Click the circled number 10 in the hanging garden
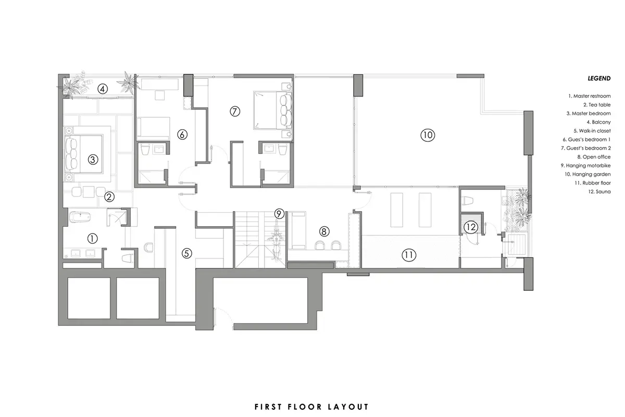427,135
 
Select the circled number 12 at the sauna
471,227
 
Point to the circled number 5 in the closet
187,253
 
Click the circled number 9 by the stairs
279,213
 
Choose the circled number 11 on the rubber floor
409,255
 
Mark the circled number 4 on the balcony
103,89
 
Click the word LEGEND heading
599,79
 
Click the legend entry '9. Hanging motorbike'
586,165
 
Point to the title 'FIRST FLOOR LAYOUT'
311,407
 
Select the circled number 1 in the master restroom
92,239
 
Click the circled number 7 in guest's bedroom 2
234,111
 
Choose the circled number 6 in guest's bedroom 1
182,134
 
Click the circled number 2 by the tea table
109,197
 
